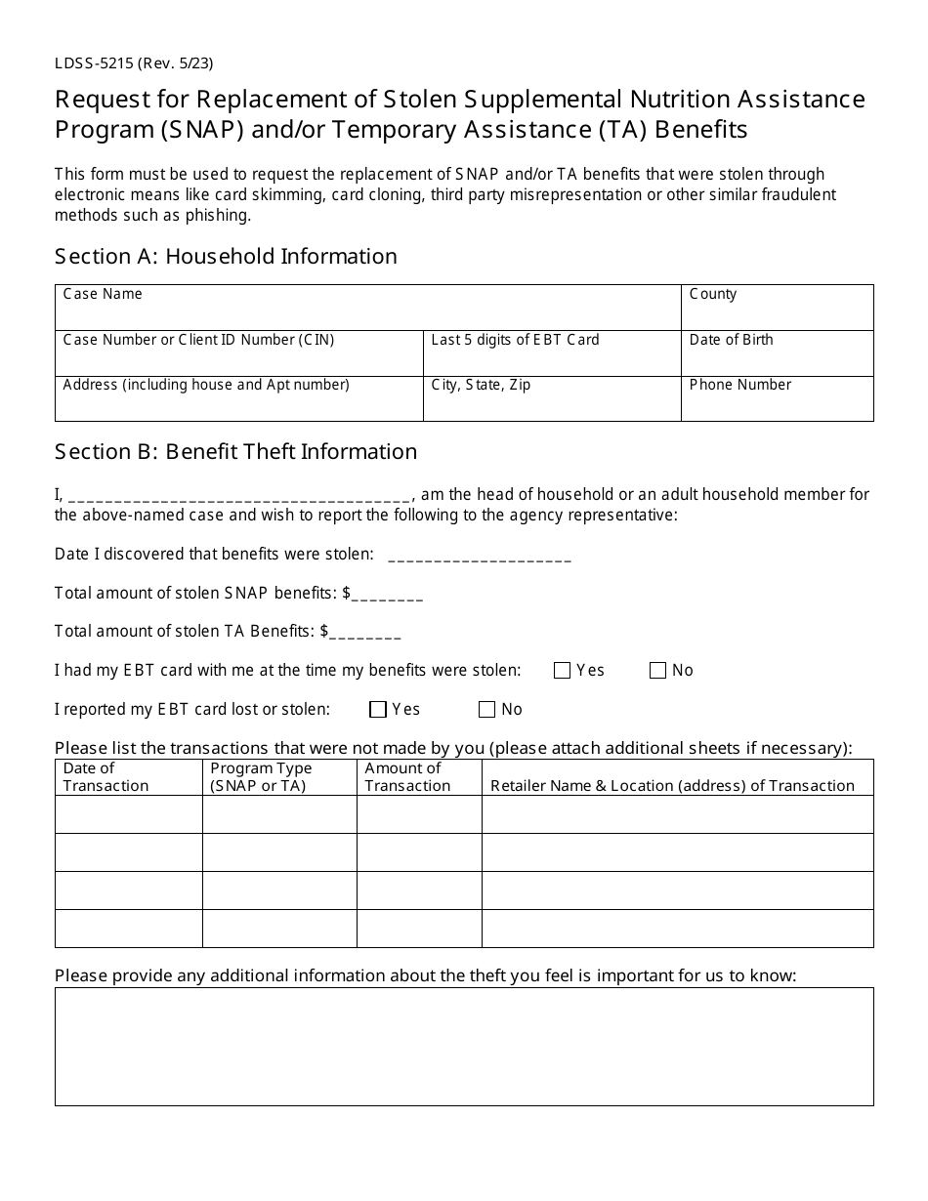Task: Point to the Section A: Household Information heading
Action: click(x=226, y=257)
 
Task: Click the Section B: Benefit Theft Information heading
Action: click(x=235, y=452)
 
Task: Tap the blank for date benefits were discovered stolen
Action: click(x=480, y=556)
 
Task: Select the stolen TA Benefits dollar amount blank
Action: click(x=365, y=633)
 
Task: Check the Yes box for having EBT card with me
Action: click(x=562, y=671)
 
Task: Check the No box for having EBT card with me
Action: click(x=657, y=671)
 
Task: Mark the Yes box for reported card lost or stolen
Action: click(x=378, y=710)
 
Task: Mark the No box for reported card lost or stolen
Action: click(x=486, y=710)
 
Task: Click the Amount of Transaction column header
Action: click(x=418, y=777)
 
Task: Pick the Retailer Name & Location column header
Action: click(x=672, y=785)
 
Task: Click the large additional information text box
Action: click(x=464, y=1047)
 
